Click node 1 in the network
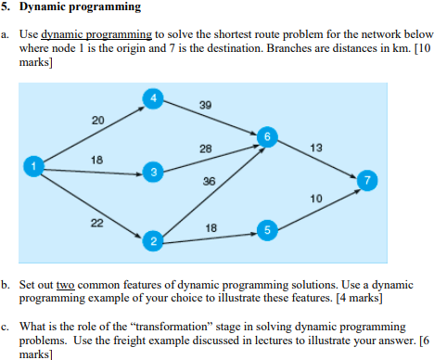click(x=35, y=166)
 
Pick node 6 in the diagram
click(x=269, y=138)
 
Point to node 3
click(x=154, y=173)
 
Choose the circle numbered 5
click(x=268, y=229)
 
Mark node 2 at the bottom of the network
click(x=154, y=243)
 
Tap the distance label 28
click(x=205, y=148)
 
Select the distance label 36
click(x=209, y=182)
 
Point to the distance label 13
click(x=316, y=148)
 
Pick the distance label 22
click(x=97, y=222)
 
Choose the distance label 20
click(x=97, y=120)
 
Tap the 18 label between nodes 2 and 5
click(x=211, y=227)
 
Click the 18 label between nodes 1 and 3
click(x=96, y=160)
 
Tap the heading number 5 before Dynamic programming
click(x=6, y=7)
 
